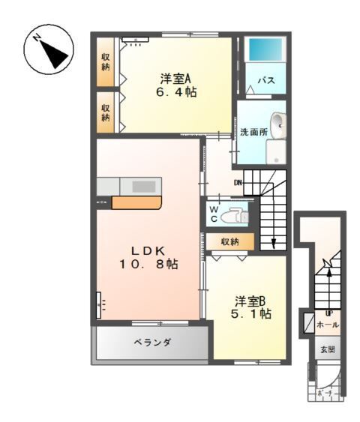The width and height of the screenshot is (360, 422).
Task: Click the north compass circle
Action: click(46, 50)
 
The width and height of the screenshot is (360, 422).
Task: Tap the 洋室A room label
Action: click(175, 77)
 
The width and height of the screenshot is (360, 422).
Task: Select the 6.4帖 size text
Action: click(175, 93)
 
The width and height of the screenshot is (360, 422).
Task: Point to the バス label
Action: click(265, 79)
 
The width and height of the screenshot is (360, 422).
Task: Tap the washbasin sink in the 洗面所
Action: click(278, 125)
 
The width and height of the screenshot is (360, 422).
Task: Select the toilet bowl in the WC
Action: click(234, 214)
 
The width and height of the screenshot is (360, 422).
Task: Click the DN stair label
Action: click(238, 182)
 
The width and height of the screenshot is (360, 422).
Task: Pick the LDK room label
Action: click(148, 250)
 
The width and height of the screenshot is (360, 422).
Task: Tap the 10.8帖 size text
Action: click(148, 265)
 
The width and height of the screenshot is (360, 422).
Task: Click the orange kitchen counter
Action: click(136, 202)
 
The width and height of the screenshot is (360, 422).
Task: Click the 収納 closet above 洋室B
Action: click(230, 241)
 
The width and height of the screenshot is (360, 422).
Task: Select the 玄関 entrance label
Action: click(328, 349)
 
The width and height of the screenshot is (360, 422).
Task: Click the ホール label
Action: click(328, 325)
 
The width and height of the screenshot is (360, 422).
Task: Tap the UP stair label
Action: click(328, 313)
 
